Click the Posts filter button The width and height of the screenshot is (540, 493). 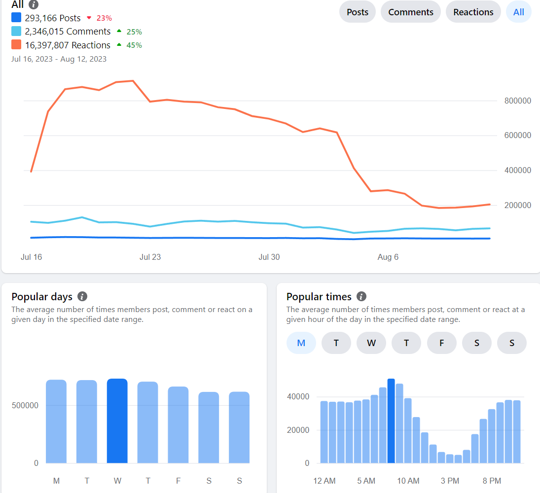tap(358, 12)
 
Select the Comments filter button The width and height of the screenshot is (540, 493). tap(410, 12)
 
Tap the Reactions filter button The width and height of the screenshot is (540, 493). tap(473, 12)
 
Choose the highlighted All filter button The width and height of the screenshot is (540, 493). tap(519, 12)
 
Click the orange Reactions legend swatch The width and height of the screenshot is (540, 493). tap(16, 45)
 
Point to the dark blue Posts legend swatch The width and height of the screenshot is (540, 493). tap(16, 18)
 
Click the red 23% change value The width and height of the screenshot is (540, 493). tap(104, 18)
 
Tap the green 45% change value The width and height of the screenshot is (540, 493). tap(134, 45)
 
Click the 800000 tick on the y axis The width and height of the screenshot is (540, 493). tap(518, 101)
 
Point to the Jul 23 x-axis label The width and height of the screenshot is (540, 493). tap(150, 257)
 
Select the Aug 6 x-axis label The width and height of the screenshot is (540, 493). tap(388, 257)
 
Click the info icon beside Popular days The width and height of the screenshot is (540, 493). tap(82, 296)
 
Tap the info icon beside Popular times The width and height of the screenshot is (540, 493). tap(361, 296)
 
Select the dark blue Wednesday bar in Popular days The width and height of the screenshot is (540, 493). tap(117, 421)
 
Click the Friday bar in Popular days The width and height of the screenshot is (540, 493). tap(178, 425)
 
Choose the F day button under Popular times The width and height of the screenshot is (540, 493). tap(441, 343)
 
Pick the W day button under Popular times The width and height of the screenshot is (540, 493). tap(371, 343)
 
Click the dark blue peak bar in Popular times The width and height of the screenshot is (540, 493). tap(391, 421)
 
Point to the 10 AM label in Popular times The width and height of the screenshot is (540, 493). tap(408, 481)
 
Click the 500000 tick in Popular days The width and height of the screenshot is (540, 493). tap(25, 405)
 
